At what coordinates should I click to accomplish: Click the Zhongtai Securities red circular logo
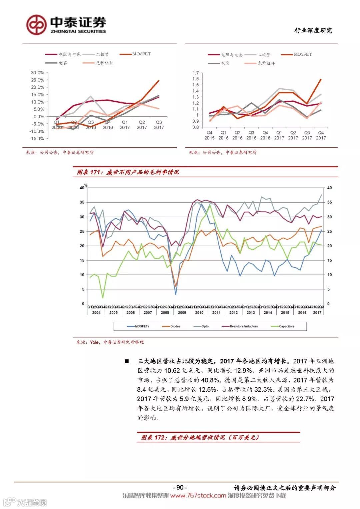pos(36,25)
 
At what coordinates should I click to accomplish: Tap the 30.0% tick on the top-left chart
pos(37,73)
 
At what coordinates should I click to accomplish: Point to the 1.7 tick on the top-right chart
pos(195,73)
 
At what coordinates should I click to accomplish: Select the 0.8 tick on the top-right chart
pos(195,127)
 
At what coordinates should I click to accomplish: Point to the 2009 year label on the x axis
pos(182,313)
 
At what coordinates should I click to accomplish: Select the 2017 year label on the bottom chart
pos(317,313)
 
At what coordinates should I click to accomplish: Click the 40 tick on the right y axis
pos(329,188)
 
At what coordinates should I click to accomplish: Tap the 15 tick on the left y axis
pos(82,260)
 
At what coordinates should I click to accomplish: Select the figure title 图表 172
pos(200,437)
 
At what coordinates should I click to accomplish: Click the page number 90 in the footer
pos(180,487)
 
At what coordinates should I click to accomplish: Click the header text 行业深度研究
pos(313,31)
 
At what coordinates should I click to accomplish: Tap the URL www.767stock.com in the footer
pos(198,496)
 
